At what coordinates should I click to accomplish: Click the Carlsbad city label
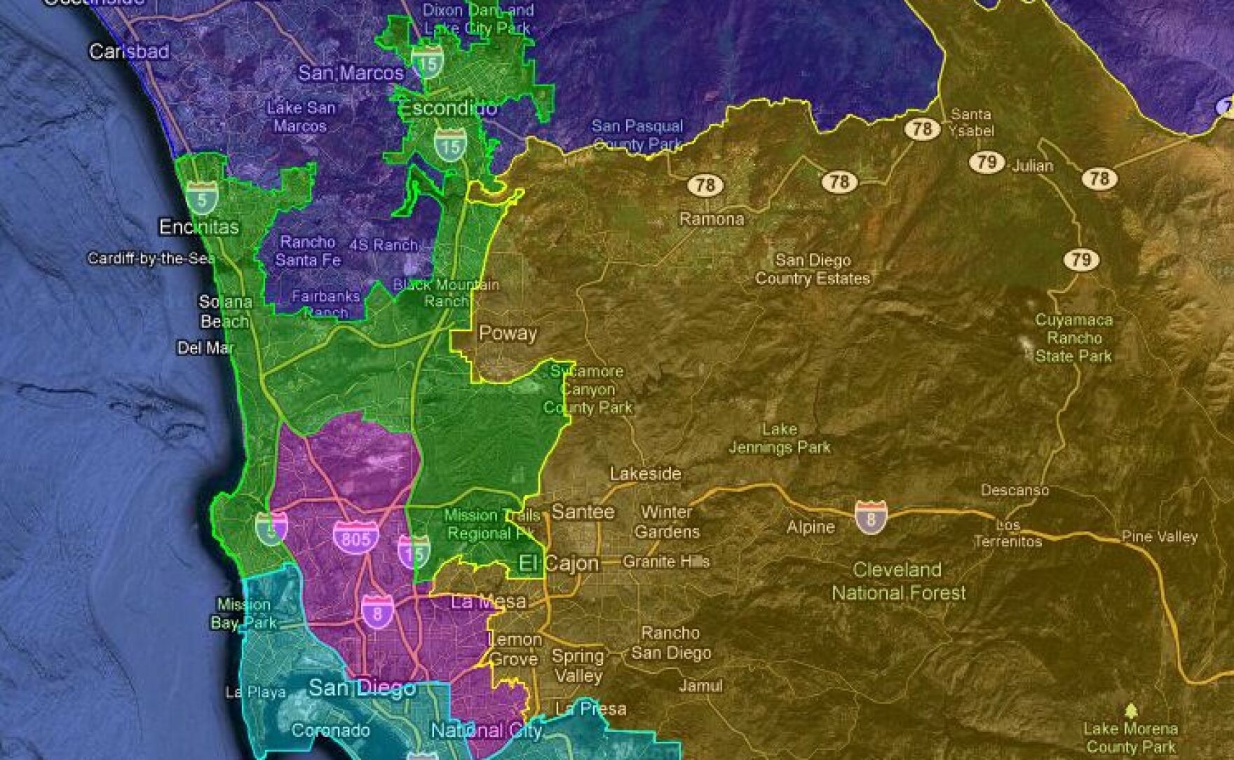click(129, 51)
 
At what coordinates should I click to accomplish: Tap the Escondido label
click(448, 109)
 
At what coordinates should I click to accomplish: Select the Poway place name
click(508, 333)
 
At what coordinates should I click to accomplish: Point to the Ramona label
click(711, 219)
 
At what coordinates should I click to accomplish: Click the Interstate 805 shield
click(355, 537)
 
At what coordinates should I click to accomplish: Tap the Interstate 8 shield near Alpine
click(870, 517)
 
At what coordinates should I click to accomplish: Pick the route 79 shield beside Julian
click(986, 162)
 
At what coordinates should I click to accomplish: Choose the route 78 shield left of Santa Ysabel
click(922, 128)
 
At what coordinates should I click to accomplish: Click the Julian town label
click(1032, 165)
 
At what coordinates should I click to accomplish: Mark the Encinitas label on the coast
click(198, 227)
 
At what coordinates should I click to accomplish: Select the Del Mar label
click(205, 348)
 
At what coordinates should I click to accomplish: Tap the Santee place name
click(583, 512)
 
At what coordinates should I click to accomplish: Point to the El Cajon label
click(559, 563)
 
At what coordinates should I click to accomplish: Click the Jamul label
click(700, 686)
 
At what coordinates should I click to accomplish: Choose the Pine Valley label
click(1160, 536)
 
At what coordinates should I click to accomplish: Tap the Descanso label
click(1015, 490)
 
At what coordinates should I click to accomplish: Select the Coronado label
click(330, 731)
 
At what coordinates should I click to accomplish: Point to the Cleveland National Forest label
click(898, 581)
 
